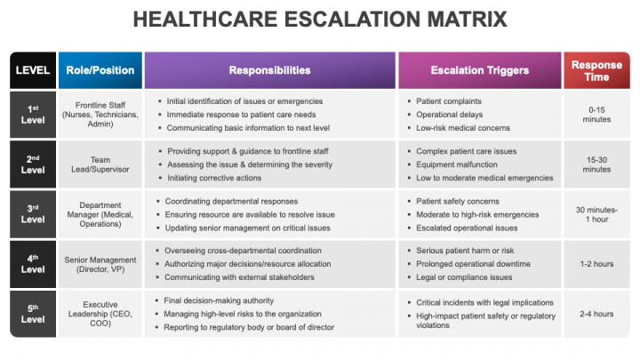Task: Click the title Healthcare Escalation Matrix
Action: (320, 19)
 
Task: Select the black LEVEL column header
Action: (33, 70)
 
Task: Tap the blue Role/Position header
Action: (100, 70)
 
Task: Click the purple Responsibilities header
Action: (269, 70)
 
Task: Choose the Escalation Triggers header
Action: (479, 70)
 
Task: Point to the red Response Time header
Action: (596, 70)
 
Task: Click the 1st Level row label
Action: (33, 114)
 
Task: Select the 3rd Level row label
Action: (33, 214)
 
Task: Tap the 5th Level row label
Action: (33, 314)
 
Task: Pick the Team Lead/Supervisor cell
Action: (100, 164)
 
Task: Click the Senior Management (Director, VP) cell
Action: (100, 264)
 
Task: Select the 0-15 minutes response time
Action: (596, 114)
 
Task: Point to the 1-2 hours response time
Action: (596, 264)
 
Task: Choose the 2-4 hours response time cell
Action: (596, 314)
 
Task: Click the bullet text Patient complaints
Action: (449, 101)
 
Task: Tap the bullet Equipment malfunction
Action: (457, 164)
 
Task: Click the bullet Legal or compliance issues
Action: (464, 277)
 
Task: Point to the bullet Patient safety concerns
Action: (458, 201)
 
